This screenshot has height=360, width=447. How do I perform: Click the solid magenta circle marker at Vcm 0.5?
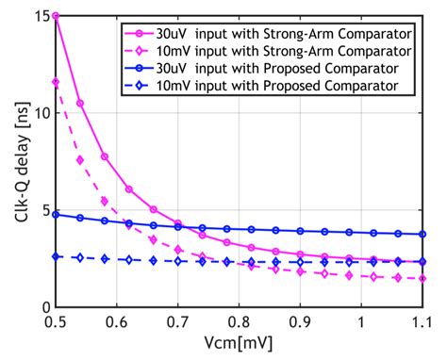click(56, 16)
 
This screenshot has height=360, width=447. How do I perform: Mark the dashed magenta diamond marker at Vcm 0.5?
click(56, 83)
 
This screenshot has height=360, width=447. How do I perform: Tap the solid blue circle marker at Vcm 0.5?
click(56, 214)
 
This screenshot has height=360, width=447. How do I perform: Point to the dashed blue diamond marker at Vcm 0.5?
click(56, 256)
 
